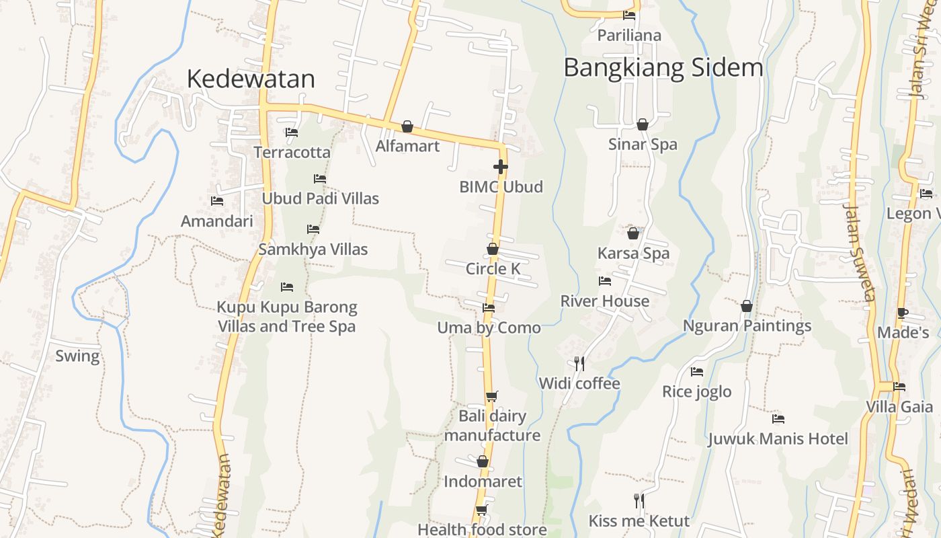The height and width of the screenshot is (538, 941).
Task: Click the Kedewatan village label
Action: click(250, 79)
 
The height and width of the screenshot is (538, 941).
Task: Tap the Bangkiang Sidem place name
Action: click(663, 68)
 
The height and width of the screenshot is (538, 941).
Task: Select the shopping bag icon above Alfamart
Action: click(407, 126)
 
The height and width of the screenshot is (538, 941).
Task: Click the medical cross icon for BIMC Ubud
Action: click(500, 167)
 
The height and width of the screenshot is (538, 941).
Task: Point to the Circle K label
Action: click(493, 269)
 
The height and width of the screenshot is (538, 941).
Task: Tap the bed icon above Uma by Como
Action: click(489, 308)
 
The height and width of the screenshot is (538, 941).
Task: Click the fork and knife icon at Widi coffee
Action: click(579, 364)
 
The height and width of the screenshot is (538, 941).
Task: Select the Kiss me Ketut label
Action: click(639, 521)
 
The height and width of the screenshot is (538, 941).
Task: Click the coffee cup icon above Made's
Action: click(902, 313)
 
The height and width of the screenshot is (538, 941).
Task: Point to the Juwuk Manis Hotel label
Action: click(778, 439)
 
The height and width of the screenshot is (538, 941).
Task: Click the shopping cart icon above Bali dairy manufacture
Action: click(491, 396)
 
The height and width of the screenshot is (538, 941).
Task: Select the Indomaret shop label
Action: click(483, 482)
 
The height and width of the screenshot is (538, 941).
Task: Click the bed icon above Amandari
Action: click(216, 200)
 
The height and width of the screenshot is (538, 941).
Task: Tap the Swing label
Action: click(77, 356)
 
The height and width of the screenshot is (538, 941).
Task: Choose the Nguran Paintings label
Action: click(747, 326)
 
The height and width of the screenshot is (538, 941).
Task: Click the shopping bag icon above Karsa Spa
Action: click(632, 233)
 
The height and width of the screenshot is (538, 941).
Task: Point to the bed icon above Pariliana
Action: click(629, 15)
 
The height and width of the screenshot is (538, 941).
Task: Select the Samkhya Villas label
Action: click(313, 249)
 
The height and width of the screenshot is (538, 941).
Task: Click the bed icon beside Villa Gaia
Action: click(899, 387)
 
